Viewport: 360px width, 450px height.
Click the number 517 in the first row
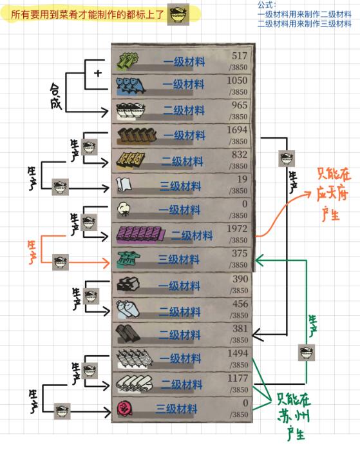click(x=240, y=55)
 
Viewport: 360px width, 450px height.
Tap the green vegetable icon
click(x=128, y=61)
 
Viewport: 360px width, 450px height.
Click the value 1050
click(x=237, y=81)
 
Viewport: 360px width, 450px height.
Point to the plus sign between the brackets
click(x=98, y=73)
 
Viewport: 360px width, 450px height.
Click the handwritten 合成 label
click(x=56, y=96)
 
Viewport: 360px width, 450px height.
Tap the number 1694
click(x=237, y=130)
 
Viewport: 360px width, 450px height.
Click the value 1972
click(x=237, y=229)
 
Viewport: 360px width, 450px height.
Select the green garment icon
click(x=128, y=259)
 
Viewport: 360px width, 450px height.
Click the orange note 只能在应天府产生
click(x=333, y=194)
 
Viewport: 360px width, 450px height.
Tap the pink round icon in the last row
click(x=125, y=408)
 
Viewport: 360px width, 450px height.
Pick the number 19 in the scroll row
click(x=242, y=179)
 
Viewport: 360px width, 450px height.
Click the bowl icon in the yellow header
click(x=178, y=14)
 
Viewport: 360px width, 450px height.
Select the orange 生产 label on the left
click(x=32, y=252)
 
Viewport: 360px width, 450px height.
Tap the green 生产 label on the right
click(x=313, y=326)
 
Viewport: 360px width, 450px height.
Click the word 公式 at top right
click(x=266, y=5)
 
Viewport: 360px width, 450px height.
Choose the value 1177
click(x=238, y=378)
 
